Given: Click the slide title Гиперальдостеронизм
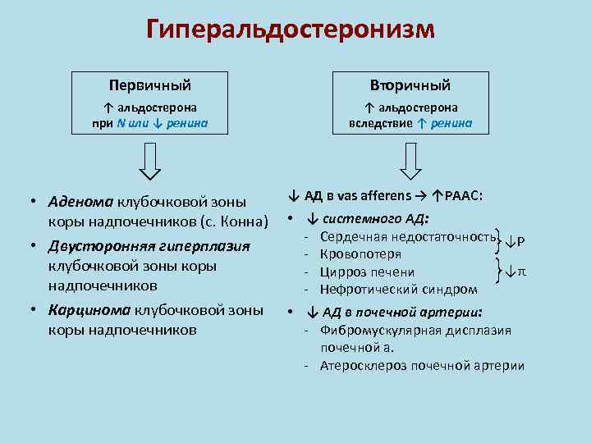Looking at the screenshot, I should [x=291, y=30].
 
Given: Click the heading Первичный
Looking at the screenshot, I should [x=149, y=85].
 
